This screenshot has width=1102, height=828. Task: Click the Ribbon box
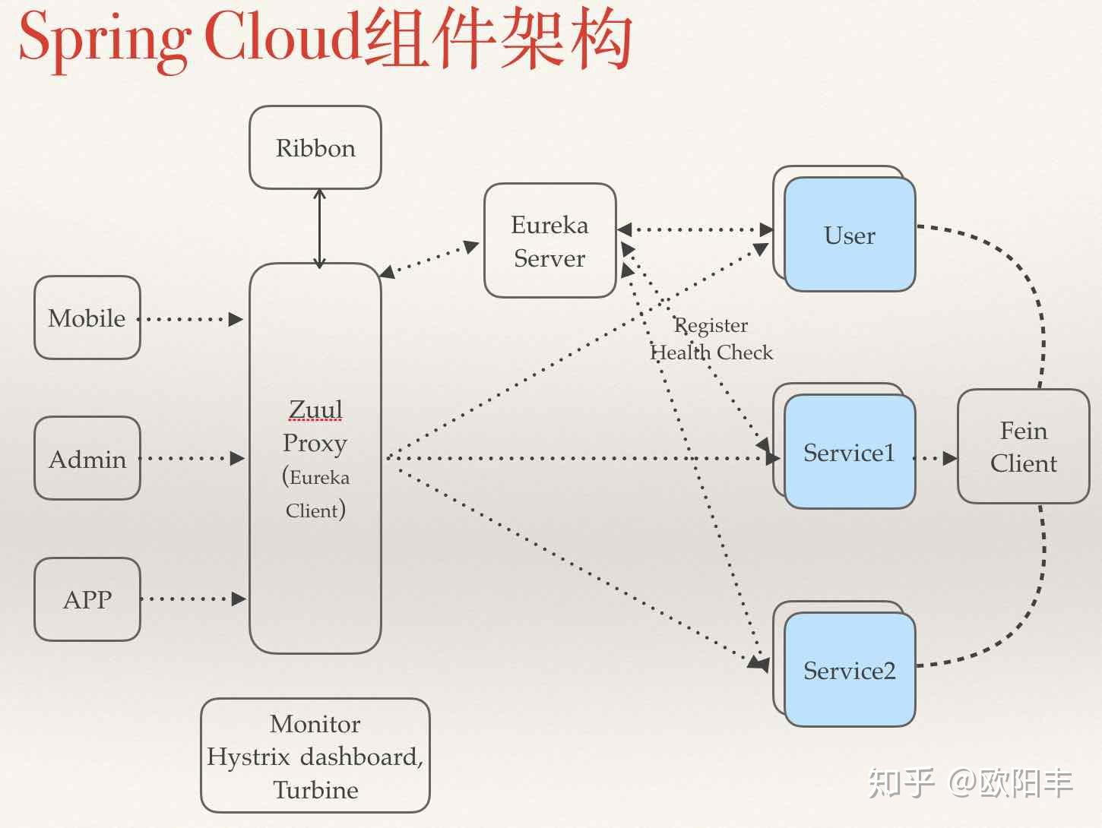315,147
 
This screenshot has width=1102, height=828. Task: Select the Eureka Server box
549,241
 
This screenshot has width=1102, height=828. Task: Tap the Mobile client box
87,318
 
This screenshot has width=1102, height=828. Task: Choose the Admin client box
87,459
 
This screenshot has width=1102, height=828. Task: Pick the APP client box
87,599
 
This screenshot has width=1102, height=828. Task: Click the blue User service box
850,235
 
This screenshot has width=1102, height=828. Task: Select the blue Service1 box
850,453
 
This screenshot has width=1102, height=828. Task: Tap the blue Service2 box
850,670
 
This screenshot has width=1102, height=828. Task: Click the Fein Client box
1023,447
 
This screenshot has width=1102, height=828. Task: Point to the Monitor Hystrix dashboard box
315,756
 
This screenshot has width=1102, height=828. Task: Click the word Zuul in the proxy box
315,409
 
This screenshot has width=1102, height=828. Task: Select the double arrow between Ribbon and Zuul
319,228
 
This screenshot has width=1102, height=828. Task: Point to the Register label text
711,325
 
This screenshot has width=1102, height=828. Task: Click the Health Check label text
711,352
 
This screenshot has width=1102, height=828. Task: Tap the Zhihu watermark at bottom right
971,782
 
